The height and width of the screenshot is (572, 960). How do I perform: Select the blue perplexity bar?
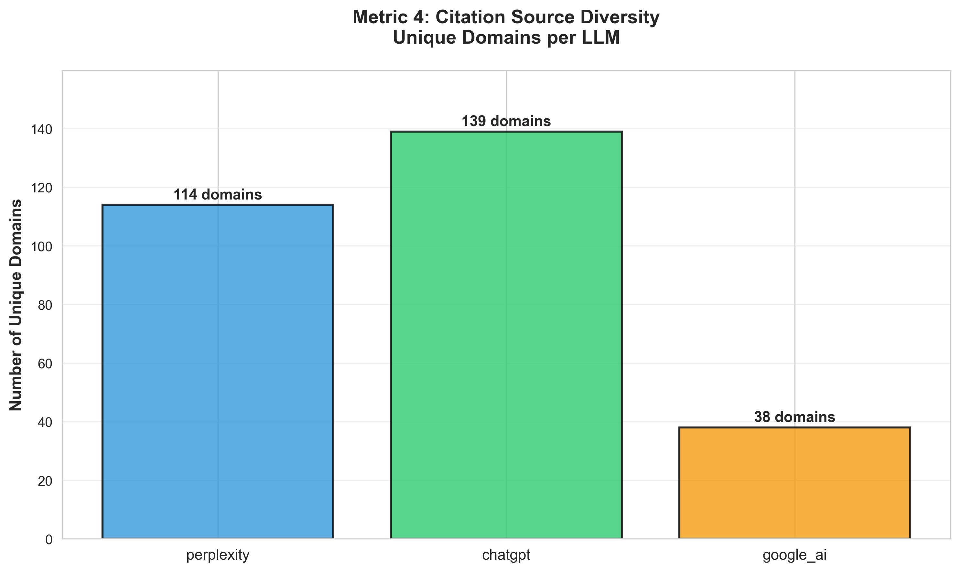click(x=218, y=372)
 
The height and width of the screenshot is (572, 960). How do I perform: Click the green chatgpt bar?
click(x=506, y=335)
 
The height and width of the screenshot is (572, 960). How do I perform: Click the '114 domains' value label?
click(x=218, y=195)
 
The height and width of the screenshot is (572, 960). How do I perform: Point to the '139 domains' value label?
click(x=506, y=121)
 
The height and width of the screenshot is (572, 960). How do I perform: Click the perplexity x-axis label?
click(x=218, y=555)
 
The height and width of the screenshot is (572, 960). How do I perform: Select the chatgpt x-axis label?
click(x=506, y=555)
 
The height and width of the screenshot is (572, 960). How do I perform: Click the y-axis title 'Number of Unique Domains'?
click(x=16, y=305)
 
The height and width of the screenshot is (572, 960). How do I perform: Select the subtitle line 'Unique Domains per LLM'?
click(x=506, y=38)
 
